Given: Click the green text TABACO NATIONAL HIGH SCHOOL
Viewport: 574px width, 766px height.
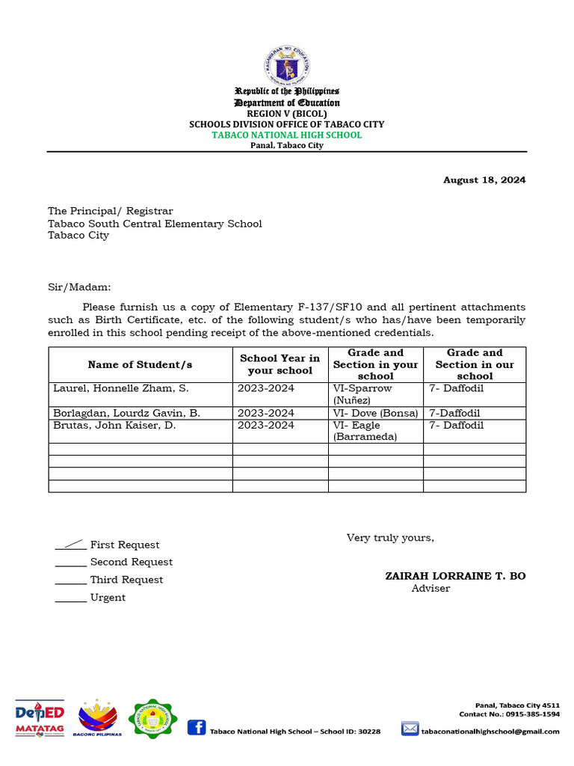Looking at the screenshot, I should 287,135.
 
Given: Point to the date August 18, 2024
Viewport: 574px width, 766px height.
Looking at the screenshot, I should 484,180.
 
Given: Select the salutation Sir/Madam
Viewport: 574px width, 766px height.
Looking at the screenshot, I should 79,287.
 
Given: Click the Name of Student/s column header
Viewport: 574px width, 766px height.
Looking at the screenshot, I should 140,364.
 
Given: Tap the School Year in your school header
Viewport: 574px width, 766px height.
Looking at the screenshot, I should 280,364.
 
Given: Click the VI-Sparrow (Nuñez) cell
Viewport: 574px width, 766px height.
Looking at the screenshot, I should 362,394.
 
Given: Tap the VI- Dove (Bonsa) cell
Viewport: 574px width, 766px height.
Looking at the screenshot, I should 375,413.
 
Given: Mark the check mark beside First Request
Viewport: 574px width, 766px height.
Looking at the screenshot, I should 70,544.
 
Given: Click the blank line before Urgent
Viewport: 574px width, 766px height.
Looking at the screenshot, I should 70,598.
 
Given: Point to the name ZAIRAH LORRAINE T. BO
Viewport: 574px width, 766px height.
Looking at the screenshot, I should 455,576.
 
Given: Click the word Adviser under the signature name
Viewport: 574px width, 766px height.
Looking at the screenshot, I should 430,589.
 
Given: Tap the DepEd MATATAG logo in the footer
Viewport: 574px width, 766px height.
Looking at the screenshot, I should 40,717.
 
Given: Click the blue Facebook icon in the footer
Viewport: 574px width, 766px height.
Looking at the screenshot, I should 197,727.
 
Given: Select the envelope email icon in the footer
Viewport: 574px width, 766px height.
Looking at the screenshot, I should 410,729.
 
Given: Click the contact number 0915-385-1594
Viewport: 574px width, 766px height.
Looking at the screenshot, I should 534,714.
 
